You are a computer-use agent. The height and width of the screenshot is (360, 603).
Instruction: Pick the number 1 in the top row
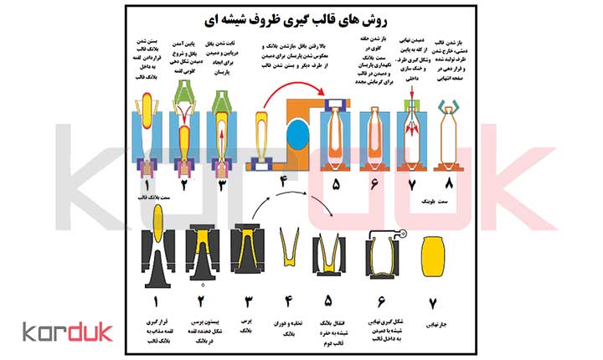coord(149,183)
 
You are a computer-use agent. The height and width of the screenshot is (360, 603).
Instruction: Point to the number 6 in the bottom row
coord(383,294)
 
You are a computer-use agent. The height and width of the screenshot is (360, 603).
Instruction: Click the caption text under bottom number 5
coord(332,325)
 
